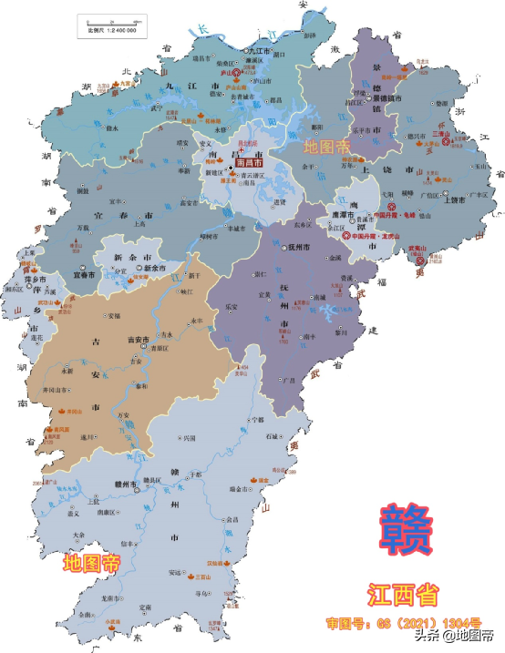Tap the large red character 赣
[x=408, y=531]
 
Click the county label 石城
[x=273, y=436]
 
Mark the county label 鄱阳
[x=317, y=127]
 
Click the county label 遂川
[x=87, y=437]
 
